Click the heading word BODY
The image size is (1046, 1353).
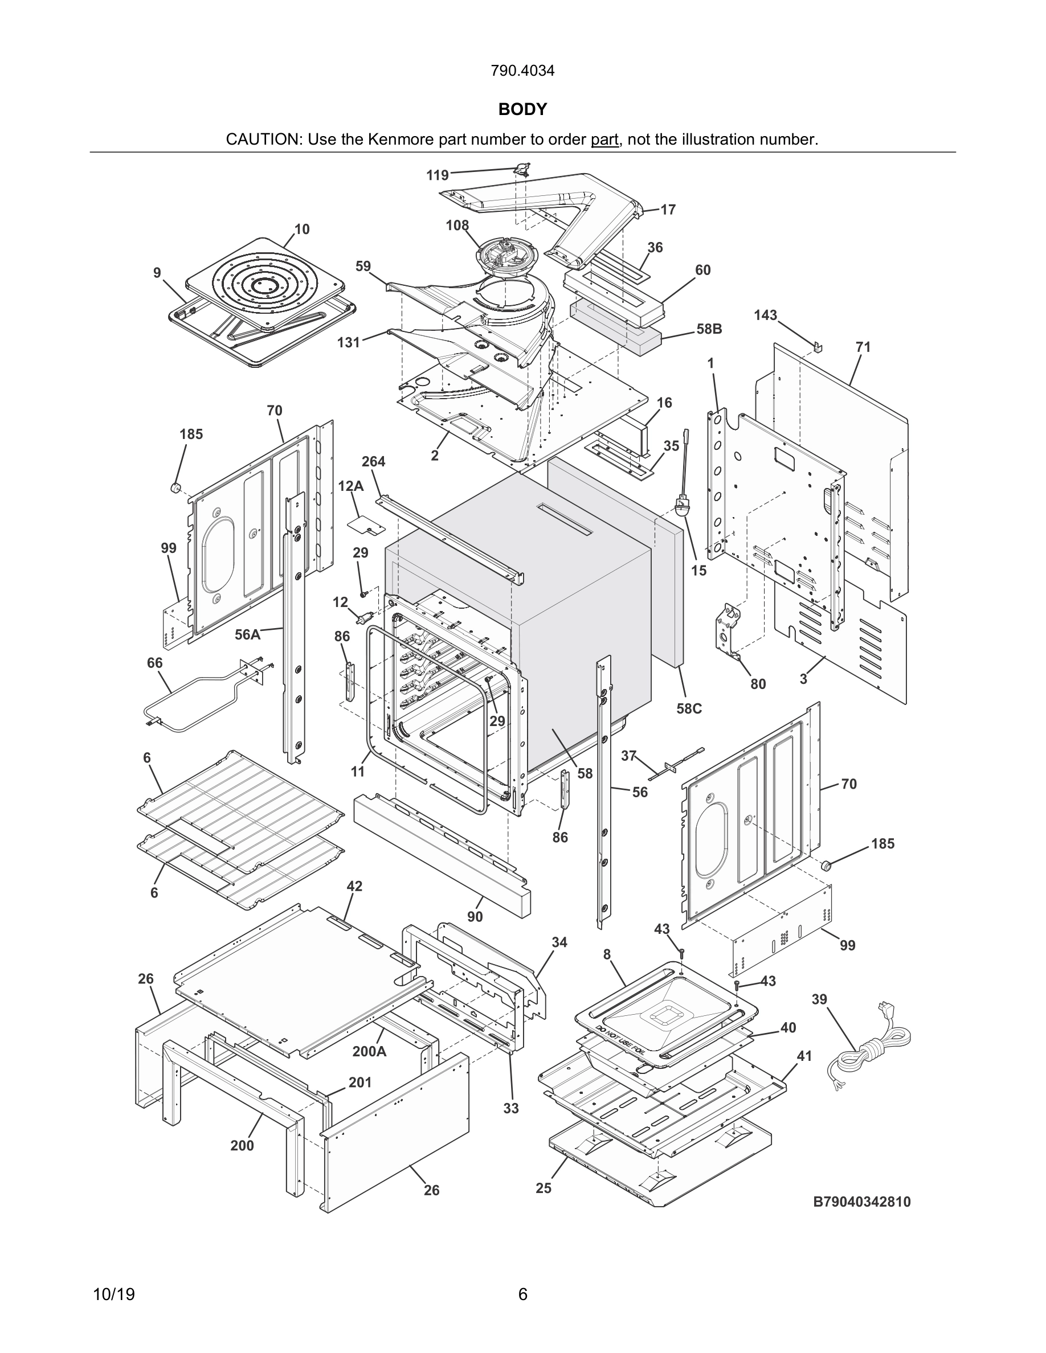click(522, 110)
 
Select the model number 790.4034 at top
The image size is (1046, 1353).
click(522, 71)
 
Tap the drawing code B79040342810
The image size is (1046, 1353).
click(862, 1203)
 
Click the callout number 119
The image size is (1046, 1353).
click(438, 175)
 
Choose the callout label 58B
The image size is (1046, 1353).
click(709, 329)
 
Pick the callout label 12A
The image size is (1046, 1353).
click(351, 486)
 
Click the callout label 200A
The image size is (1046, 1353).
click(369, 1051)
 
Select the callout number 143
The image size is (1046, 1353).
click(765, 315)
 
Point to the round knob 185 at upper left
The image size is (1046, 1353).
click(175, 488)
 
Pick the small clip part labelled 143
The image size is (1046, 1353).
click(818, 345)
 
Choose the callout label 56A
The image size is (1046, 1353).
click(247, 634)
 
